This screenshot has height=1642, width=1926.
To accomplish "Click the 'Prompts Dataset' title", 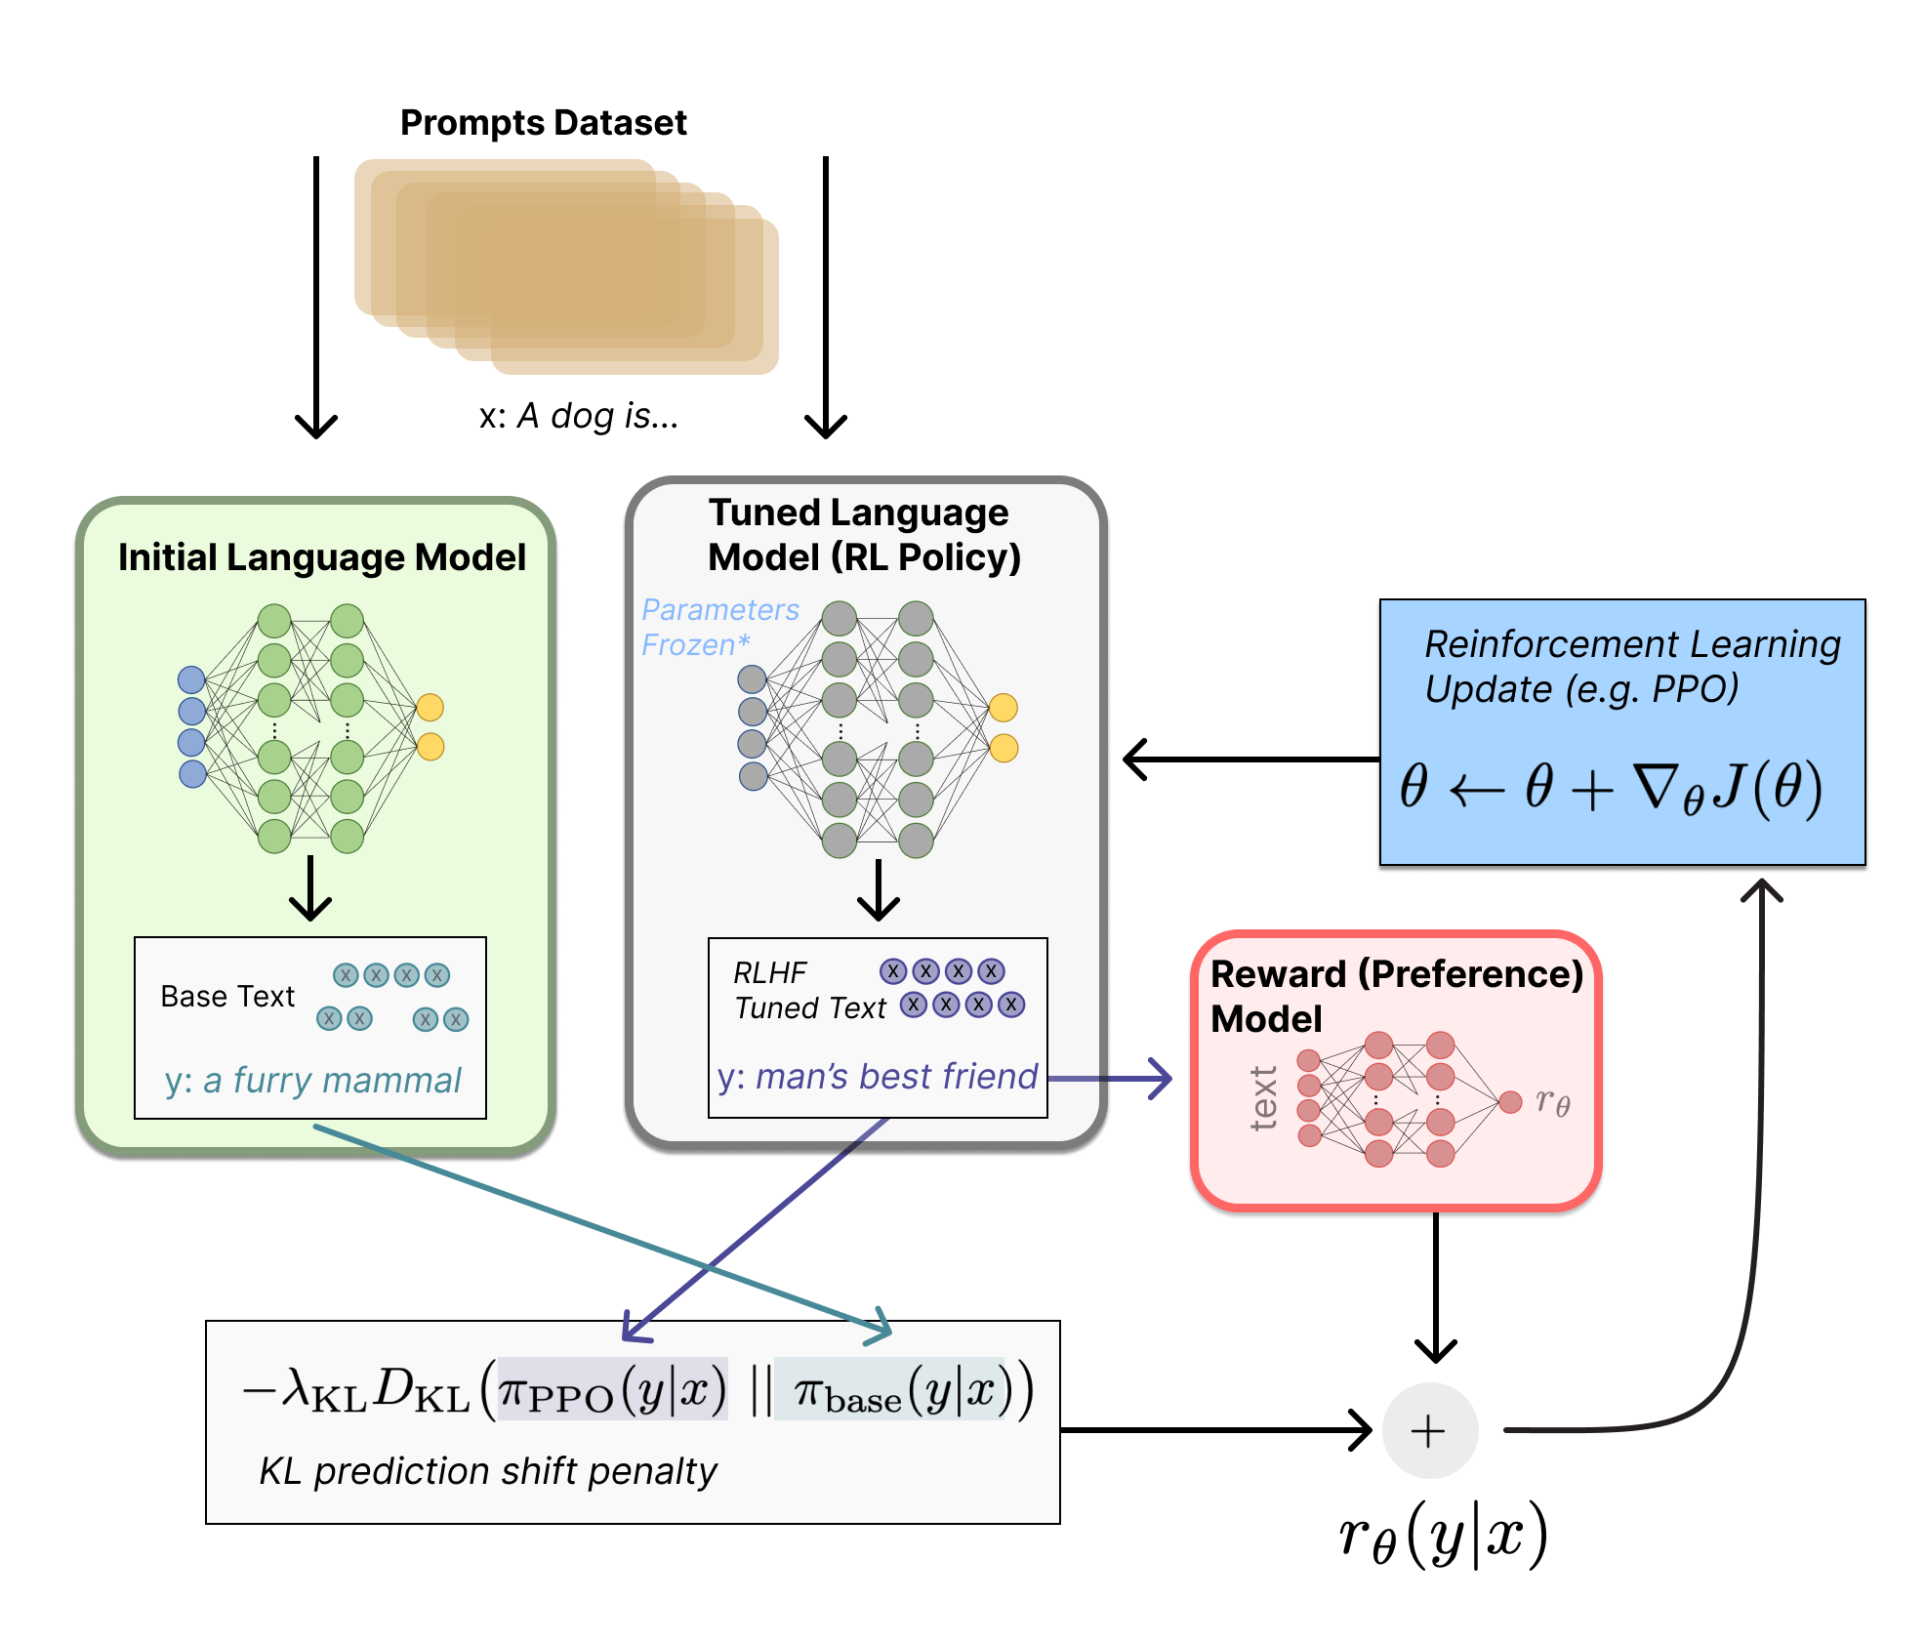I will [x=543, y=123].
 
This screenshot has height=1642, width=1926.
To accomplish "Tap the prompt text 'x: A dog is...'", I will [x=578, y=417].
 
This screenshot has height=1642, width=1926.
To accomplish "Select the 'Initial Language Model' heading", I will [x=321, y=557].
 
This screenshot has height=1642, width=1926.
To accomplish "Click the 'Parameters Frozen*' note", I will [x=718, y=627].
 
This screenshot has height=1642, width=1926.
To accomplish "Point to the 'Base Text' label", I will [x=226, y=997].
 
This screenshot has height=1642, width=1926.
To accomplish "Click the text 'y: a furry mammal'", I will [x=312, y=1081].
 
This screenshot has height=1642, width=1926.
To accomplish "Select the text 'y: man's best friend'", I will [x=877, y=1077].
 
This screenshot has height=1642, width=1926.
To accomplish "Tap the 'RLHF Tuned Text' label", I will [x=808, y=990].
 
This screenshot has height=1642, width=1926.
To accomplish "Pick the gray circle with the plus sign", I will [x=1429, y=1430].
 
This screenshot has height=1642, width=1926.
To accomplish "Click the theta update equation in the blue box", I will [x=1611, y=788].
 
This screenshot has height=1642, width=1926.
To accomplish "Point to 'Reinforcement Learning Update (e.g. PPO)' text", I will [x=1630, y=667].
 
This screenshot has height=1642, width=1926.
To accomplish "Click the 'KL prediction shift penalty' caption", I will [x=487, y=1471].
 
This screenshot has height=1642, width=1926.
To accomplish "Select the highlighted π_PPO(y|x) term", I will [x=612, y=1389].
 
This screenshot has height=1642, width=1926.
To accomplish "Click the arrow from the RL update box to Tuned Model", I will [x=1250, y=759].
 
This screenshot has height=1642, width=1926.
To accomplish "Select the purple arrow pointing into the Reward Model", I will [x=1113, y=1079].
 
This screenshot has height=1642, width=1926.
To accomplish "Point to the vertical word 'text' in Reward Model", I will [x=1264, y=1098].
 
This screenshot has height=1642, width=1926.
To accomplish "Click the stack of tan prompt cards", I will [x=566, y=266].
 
